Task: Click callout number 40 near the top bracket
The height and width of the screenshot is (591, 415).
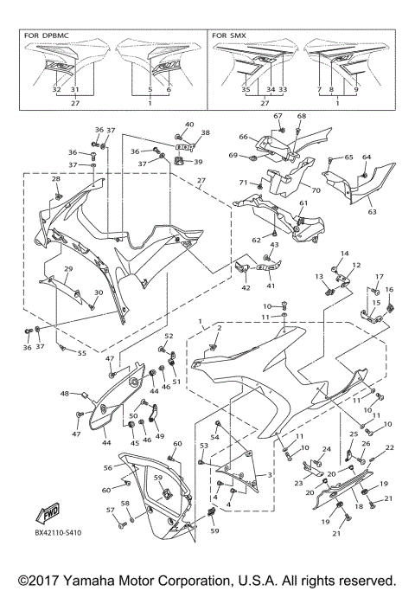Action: click(x=189, y=125)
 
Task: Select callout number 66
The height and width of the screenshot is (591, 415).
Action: click(x=244, y=136)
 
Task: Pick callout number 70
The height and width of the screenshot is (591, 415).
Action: click(x=315, y=190)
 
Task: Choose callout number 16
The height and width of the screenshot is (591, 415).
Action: click(x=389, y=289)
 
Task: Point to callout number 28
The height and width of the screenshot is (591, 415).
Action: click(x=56, y=179)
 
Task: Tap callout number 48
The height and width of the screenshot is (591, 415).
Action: click(x=64, y=394)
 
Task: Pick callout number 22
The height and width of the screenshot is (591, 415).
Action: click(x=389, y=447)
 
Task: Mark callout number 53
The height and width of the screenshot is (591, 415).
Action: click(x=203, y=445)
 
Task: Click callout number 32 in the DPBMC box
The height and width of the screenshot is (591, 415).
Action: click(x=56, y=89)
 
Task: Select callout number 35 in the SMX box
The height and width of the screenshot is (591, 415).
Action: click(x=246, y=89)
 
